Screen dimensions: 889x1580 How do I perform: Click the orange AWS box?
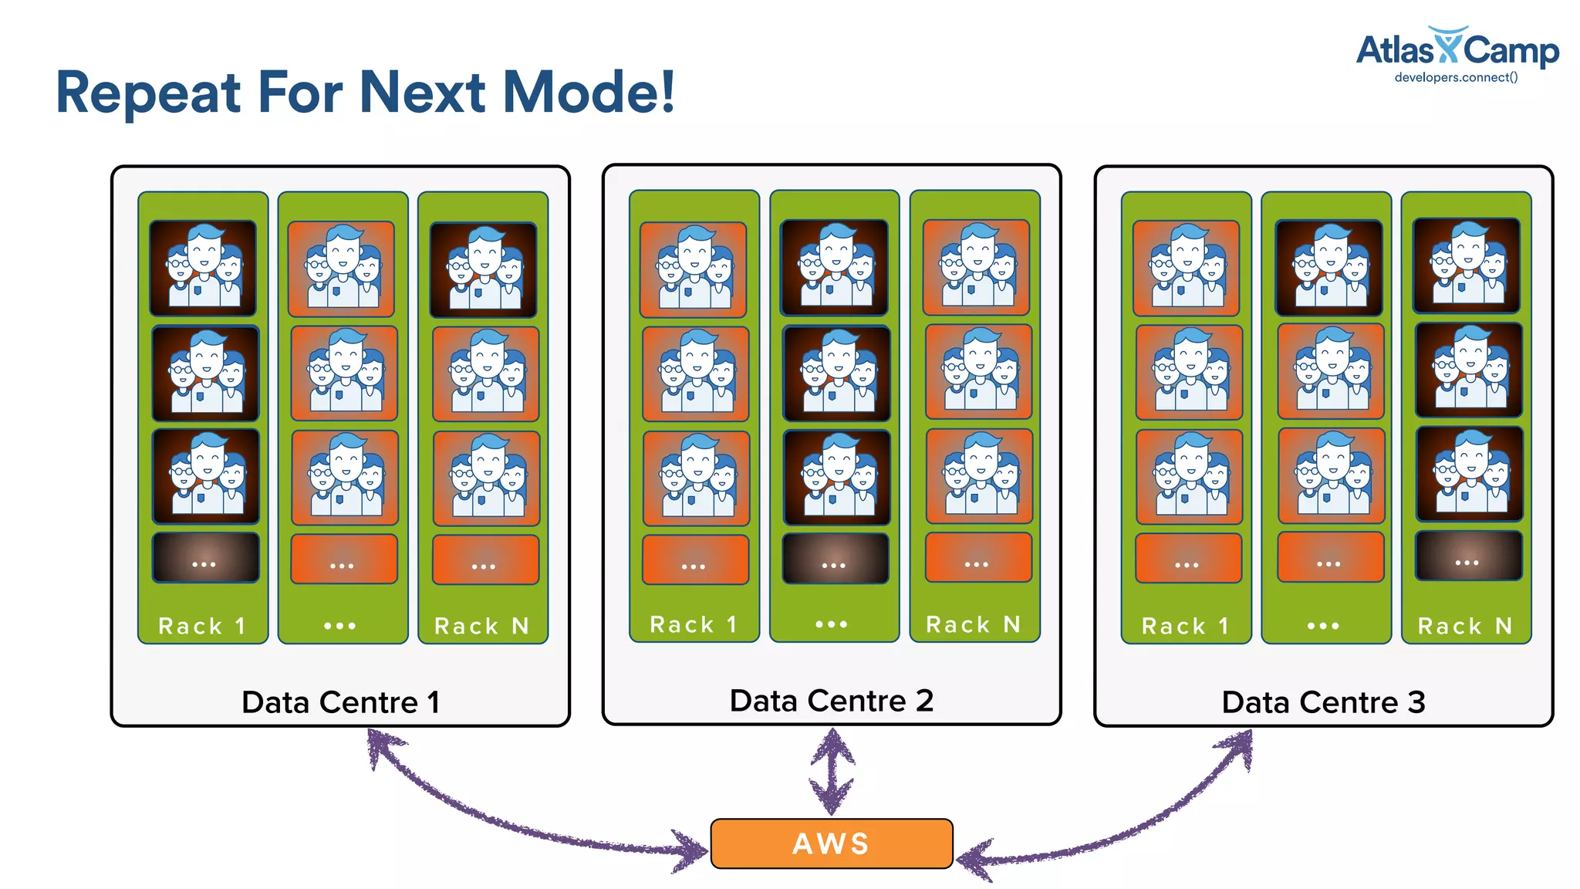831,843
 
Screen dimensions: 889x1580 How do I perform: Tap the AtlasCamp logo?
1457,49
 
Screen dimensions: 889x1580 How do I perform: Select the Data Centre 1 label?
340,702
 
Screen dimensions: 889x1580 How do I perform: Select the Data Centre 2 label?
831,701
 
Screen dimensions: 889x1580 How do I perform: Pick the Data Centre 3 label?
1323,702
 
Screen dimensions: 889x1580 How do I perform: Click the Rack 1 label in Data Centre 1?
202,626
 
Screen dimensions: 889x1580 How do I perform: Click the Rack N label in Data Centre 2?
974,624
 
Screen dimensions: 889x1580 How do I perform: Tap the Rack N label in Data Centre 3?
1465,626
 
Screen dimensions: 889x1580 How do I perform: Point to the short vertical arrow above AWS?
832,772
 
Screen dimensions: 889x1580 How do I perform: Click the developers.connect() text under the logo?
1456,77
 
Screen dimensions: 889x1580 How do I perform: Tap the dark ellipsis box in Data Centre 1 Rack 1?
205,557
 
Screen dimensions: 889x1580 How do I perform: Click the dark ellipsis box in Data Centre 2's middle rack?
835,559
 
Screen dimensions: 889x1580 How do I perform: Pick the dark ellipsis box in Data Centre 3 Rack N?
1468,556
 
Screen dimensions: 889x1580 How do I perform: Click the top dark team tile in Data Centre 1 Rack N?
483,269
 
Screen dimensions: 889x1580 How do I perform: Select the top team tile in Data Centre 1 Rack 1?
203,268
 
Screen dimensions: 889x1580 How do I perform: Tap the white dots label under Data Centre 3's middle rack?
1323,626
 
